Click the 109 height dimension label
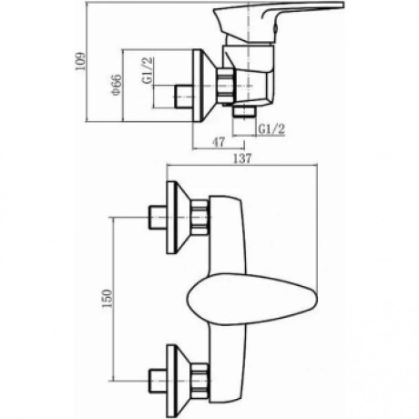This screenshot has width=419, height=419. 81,61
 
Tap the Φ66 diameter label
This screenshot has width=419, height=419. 117,85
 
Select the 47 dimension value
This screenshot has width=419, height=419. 219,142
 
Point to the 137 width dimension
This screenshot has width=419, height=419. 242,158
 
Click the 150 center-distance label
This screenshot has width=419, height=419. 107,299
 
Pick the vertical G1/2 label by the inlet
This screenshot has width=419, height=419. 148,70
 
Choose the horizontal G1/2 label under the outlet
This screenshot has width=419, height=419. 271,129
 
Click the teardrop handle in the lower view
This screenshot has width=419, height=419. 252,300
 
